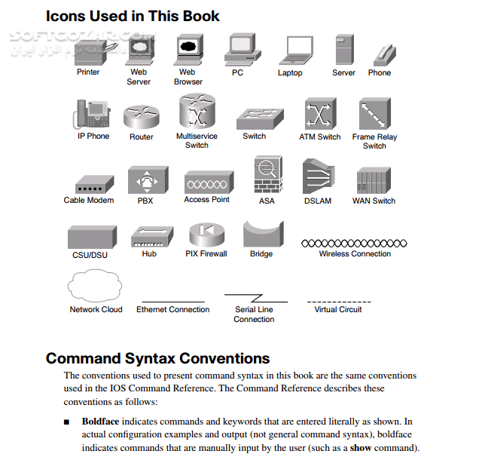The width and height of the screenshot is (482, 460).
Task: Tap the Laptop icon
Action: coord(295,50)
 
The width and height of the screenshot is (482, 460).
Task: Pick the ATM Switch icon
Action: coord(320,114)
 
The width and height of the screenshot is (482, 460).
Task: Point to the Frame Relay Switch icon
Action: coord(374,114)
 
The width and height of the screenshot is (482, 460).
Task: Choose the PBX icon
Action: coord(145,181)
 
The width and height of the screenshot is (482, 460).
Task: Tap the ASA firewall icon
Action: coord(267,176)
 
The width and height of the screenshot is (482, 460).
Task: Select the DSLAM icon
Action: coord(318,178)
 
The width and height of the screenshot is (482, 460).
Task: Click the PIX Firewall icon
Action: coord(206,235)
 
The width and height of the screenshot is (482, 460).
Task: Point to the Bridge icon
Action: coord(262,235)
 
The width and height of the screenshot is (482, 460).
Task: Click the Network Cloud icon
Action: coord(95,287)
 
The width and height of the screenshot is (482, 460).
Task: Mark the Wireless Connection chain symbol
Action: coord(354,243)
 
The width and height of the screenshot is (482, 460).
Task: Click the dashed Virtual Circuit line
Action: coord(338,301)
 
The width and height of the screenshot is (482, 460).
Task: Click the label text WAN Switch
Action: coord(374,201)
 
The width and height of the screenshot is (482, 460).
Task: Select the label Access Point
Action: coord(207,200)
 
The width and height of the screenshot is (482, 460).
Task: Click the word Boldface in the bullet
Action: coord(101,422)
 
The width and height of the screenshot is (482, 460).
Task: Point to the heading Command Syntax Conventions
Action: coord(157,358)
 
